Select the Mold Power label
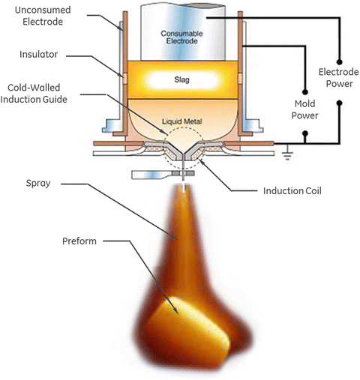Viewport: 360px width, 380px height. [x=305, y=109]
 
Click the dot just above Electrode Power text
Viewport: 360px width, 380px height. [x=340, y=61]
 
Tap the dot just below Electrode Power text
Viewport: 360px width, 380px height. [x=340, y=103]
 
